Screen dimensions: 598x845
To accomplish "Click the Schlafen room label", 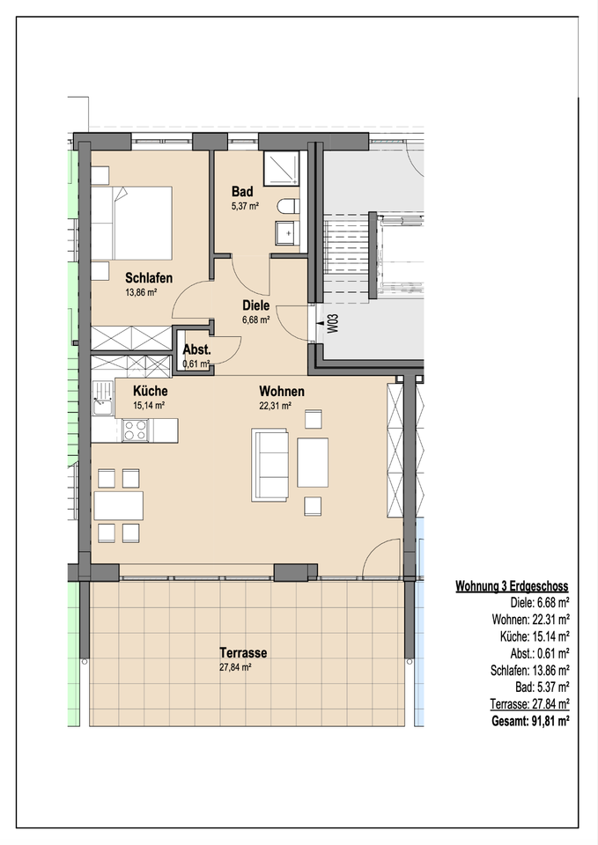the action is coord(149,278).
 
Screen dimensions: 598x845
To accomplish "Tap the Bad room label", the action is coord(242,191).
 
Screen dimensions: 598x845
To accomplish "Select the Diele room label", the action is coord(255,305).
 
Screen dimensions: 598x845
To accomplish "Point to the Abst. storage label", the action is coord(196,349).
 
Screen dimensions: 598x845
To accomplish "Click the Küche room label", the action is coord(151,391).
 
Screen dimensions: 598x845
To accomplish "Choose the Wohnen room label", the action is coord(282,391).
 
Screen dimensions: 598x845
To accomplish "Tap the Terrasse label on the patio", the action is coord(243,653).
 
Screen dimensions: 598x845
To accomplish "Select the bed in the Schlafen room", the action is coord(131,223).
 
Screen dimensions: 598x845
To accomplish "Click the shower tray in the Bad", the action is coord(281,167).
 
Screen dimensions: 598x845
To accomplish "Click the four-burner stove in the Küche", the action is coord(135,430).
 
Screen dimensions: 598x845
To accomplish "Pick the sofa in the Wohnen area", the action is coord(269,465).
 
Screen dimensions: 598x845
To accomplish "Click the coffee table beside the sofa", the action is coord(313,462).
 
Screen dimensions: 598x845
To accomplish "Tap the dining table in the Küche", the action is coord(119,505).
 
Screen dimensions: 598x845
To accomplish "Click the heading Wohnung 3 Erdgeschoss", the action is coord(512,586).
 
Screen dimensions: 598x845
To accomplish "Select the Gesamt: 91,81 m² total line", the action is coord(530,721).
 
